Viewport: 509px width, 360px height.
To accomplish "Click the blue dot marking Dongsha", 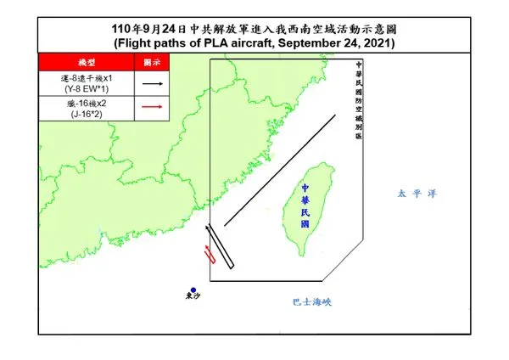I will point(193,290).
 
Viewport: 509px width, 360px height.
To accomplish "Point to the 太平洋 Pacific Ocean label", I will point(417,194).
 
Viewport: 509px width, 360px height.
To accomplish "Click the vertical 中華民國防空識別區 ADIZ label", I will point(359,101).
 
